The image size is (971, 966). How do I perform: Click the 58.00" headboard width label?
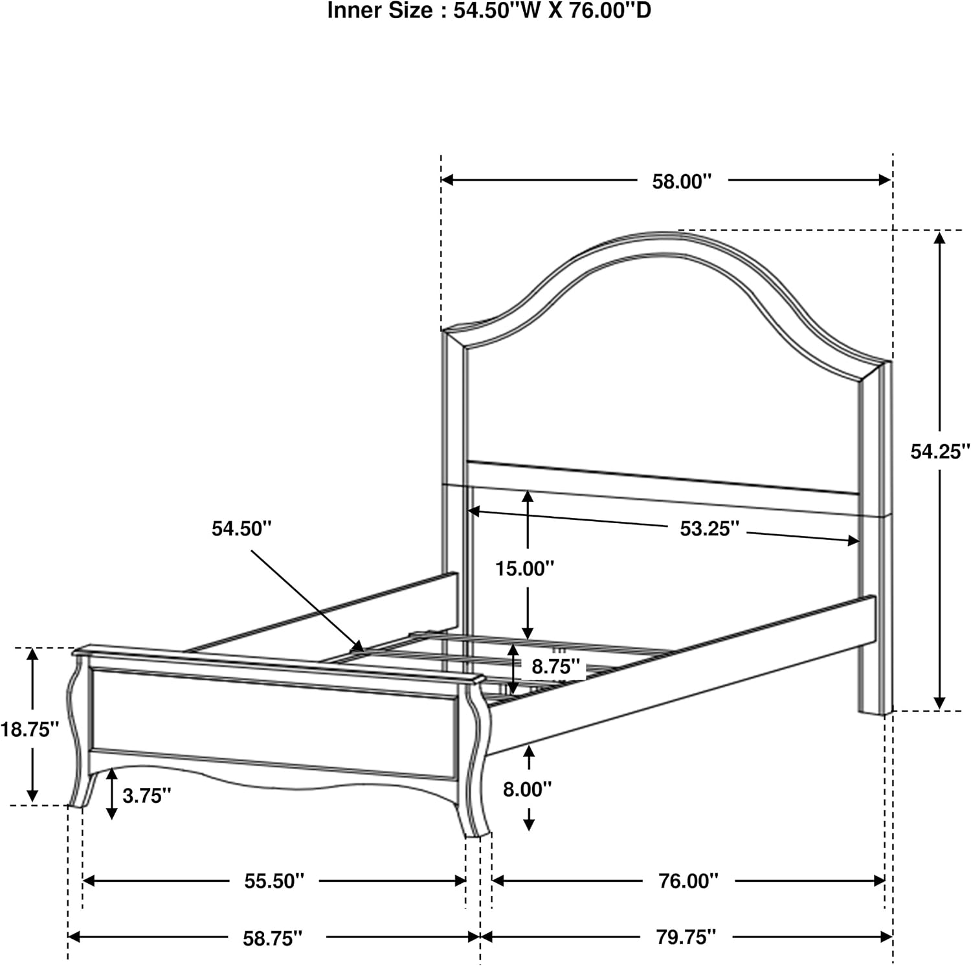pyautogui.click(x=682, y=181)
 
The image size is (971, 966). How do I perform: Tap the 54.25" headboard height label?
pyautogui.click(x=940, y=451)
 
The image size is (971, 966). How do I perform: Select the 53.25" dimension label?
pyautogui.click(x=709, y=529)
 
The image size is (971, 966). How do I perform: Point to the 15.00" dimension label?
pyautogui.click(x=525, y=568)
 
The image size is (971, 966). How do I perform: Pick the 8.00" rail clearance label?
pyautogui.click(x=528, y=789)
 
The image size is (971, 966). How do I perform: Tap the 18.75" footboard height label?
pyautogui.click(x=30, y=730)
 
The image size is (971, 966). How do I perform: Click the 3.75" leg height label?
pyautogui.click(x=147, y=796)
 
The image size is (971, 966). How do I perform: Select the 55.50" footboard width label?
pyautogui.click(x=274, y=881)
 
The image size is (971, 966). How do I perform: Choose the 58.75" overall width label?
pyautogui.click(x=273, y=938)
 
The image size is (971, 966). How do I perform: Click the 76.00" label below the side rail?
pyautogui.click(x=689, y=881)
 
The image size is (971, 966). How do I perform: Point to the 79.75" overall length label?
pyautogui.click(x=687, y=937)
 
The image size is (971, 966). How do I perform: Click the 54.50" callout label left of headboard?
pyautogui.click(x=241, y=528)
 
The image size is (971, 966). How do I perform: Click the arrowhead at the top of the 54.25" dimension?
pyautogui.click(x=940, y=238)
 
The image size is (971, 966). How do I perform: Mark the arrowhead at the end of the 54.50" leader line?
pyautogui.click(x=358, y=646)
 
